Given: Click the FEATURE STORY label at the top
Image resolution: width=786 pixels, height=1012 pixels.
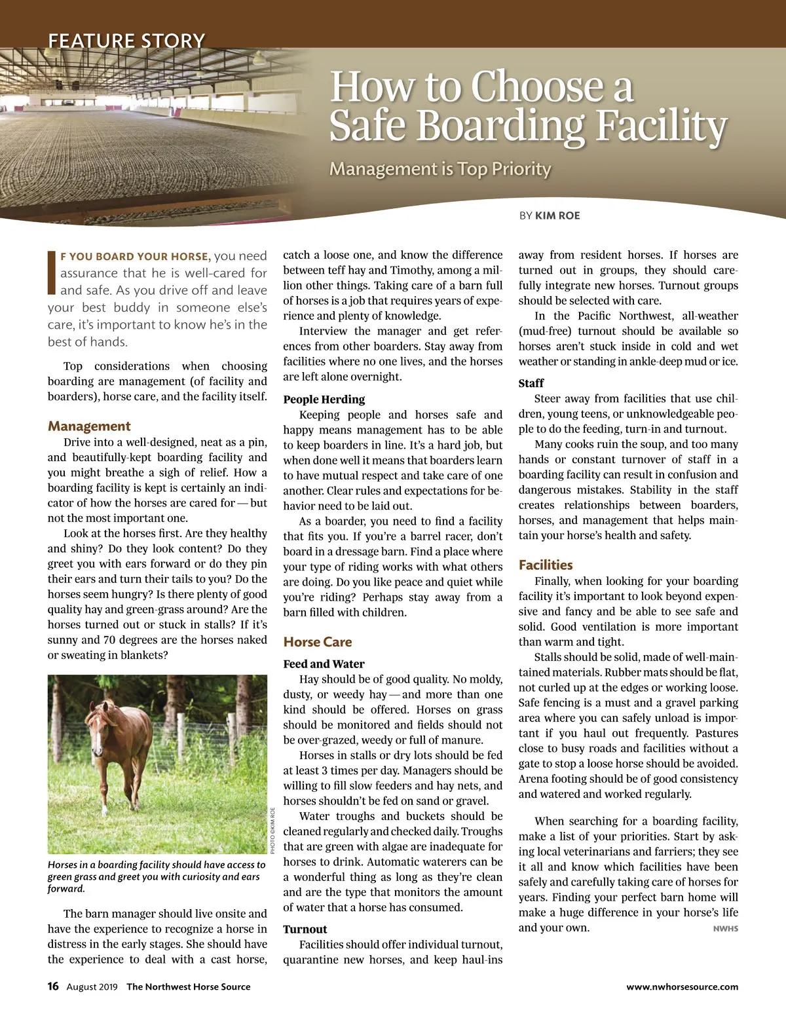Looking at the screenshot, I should click(126, 41).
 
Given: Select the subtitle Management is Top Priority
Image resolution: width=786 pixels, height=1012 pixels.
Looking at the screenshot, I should click(440, 169).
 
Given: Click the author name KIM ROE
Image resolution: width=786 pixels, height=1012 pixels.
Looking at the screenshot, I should click(557, 216).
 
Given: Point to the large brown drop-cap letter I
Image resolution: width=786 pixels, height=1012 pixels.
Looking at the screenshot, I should click(52, 272).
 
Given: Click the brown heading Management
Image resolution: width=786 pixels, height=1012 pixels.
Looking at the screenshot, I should click(89, 426).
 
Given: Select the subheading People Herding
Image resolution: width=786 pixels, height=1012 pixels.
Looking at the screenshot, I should click(324, 400).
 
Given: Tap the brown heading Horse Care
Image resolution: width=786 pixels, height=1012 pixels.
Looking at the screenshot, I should click(318, 642).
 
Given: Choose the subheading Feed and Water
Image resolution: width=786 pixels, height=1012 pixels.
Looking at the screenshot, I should click(324, 664).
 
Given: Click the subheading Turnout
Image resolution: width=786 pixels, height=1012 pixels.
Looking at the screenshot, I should click(305, 929).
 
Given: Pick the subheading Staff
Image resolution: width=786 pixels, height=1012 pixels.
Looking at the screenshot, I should click(531, 383).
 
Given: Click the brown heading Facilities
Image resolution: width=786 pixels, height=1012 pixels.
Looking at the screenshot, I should click(546, 565).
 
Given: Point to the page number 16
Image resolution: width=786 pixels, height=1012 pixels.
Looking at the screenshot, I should click(53, 986).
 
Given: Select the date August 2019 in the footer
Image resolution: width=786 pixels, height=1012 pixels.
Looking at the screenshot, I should click(92, 987).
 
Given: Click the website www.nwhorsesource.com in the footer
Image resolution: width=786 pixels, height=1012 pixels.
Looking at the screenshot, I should click(682, 987).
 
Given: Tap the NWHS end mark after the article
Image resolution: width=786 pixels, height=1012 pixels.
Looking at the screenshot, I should click(725, 929).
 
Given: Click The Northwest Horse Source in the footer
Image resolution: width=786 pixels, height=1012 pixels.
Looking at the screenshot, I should click(188, 987).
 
